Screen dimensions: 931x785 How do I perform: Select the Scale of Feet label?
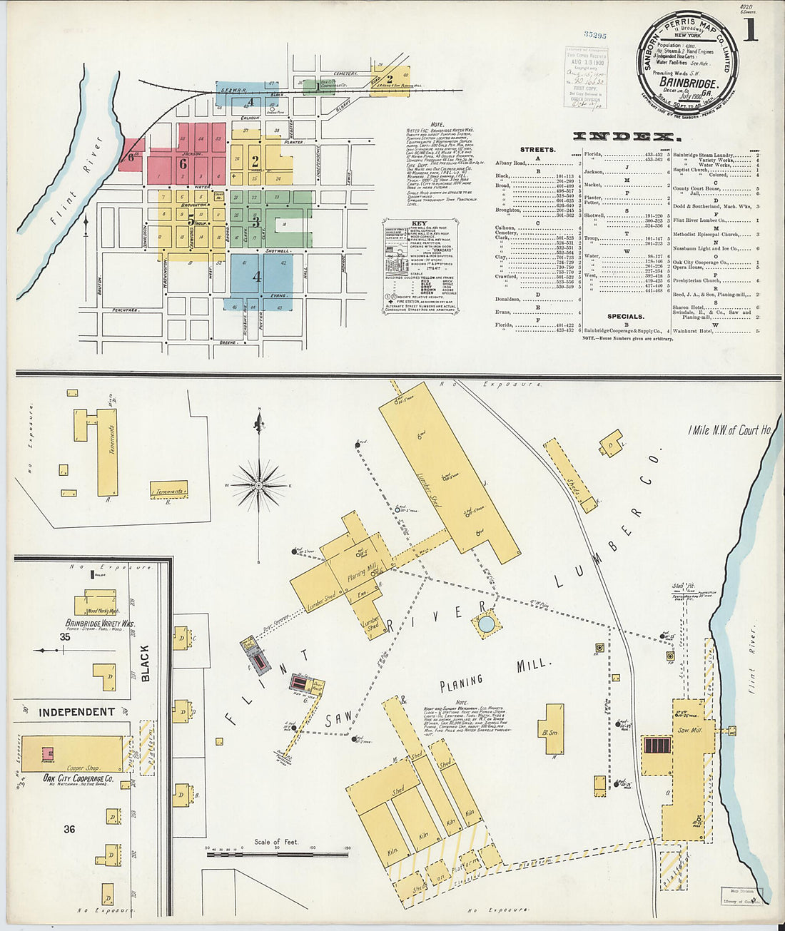pyautogui.click(x=276, y=842)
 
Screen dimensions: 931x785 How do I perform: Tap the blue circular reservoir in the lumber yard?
pyautogui.click(x=486, y=624)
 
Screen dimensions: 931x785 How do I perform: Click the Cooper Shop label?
pyautogui.click(x=82, y=768)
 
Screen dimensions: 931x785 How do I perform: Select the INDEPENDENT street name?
pyautogui.click(x=76, y=712)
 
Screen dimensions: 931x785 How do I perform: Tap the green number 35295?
pyautogui.click(x=594, y=34)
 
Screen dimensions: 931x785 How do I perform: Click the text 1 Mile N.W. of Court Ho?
pyautogui.click(x=730, y=430)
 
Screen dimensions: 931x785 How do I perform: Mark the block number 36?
pyautogui.click(x=69, y=829)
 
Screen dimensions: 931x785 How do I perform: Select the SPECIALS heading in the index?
pyautogui.click(x=625, y=316)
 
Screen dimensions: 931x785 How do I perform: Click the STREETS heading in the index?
pyautogui.click(x=537, y=150)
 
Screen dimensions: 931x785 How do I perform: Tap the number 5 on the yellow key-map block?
pyautogui.click(x=191, y=220)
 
